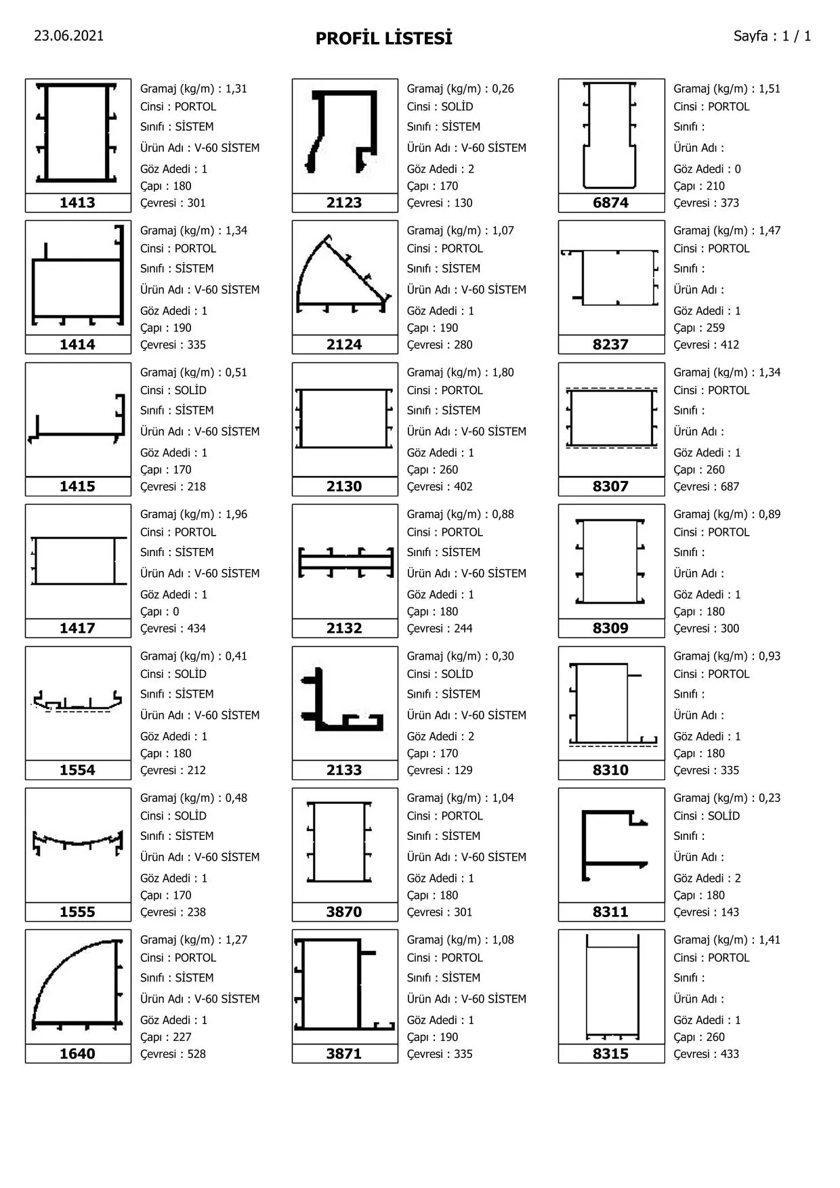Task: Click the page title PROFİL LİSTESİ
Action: pyautogui.click(x=383, y=39)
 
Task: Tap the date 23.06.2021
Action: pyautogui.click(x=69, y=36)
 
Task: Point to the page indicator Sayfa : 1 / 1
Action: pyautogui.click(x=772, y=36)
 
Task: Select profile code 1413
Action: pyautogui.click(x=77, y=203)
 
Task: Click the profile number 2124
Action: pyautogui.click(x=344, y=344)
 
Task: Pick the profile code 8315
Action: pyautogui.click(x=610, y=1053)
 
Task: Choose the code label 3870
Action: pyautogui.click(x=344, y=912)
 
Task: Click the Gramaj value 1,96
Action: pyautogui.click(x=236, y=514)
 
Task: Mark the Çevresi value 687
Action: pyautogui.click(x=730, y=486)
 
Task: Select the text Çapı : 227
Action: pyautogui.click(x=166, y=1037)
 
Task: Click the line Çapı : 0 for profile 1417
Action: pyautogui.click(x=160, y=612)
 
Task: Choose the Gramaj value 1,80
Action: pyautogui.click(x=503, y=372)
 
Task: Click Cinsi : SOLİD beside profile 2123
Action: pyautogui.click(x=440, y=106)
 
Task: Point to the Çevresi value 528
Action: pyautogui.click(x=196, y=1054)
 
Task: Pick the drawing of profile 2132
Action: pyautogui.click(x=345, y=562)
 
